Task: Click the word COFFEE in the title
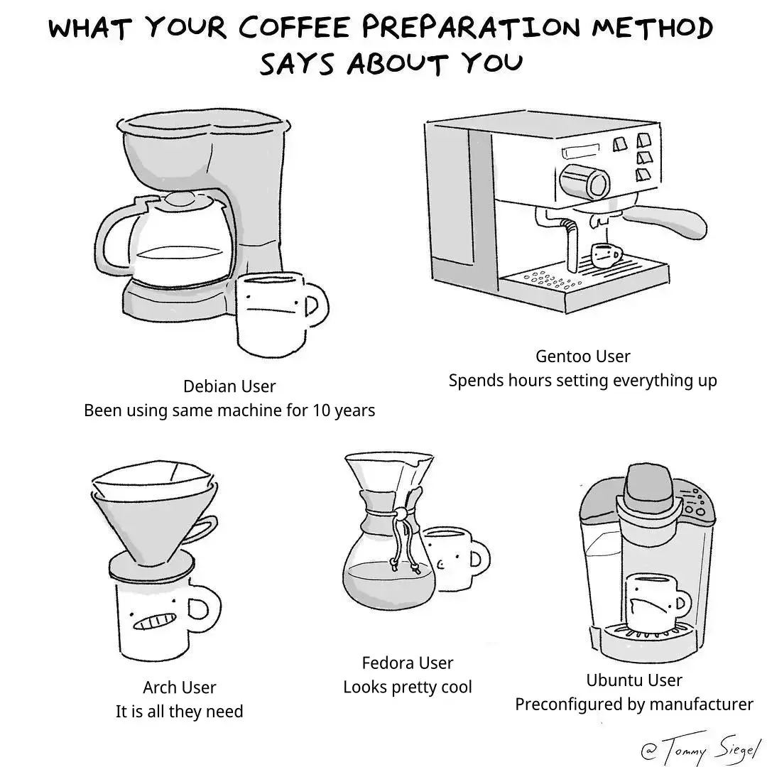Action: click(294, 28)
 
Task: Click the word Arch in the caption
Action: click(158, 687)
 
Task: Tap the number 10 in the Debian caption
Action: click(322, 410)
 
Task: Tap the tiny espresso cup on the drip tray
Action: click(606, 256)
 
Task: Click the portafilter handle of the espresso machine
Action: click(666, 220)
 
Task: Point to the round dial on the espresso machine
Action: click(586, 182)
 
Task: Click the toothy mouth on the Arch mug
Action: click(155, 621)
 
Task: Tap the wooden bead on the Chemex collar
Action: click(401, 514)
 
